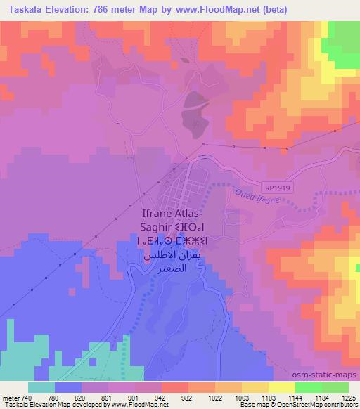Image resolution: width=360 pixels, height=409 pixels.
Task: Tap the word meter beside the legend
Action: coord(11,397)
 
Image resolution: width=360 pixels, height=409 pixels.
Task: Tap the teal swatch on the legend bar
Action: coord(41,387)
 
